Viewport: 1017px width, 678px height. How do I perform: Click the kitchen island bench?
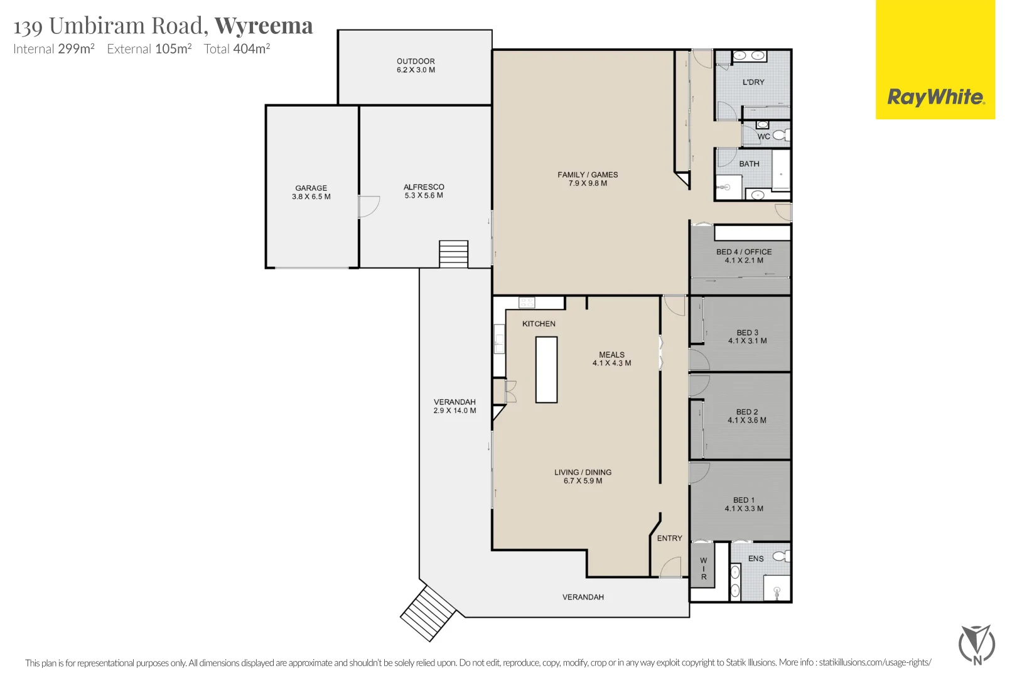point(546,370)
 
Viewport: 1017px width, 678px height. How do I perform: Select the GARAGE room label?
point(311,192)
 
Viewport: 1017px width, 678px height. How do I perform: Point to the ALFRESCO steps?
point(453,254)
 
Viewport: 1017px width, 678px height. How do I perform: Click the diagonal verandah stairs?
point(428,613)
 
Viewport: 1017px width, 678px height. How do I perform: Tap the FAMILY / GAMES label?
point(588,179)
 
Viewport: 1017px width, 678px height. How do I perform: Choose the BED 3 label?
point(747,336)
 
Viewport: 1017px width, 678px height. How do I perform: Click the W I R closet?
point(703,568)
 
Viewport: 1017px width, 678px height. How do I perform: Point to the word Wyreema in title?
point(264,26)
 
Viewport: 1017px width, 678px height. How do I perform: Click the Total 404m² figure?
point(237,49)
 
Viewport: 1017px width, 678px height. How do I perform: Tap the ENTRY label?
point(669,538)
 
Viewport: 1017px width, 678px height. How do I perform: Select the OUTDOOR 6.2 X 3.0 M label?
point(416,65)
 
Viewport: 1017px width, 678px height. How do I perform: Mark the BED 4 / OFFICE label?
point(744,256)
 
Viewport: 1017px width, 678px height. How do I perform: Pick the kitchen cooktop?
point(527,303)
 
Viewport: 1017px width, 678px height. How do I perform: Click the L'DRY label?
point(753,82)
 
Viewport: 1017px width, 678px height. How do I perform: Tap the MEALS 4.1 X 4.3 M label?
point(611,358)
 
